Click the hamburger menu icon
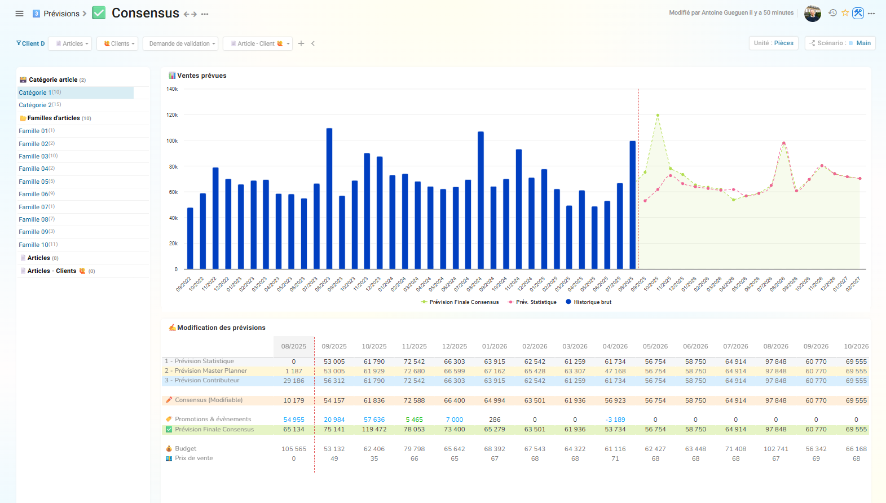(x=19, y=14)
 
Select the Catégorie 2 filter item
(x=35, y=105)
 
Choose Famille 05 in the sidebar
(x=33, y=182)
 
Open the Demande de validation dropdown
(x=181, y=43)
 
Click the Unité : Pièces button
(x=773, y=43)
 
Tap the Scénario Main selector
(x=840, y=43)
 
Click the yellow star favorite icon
(x=845, y=13)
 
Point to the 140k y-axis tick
(x=172, y=89)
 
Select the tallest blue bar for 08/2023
(x=329, y=198)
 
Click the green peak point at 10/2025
(x=658, y=115)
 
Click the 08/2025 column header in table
(x=293, y=346)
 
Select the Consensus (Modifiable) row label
(x=209, y=400)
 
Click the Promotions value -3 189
(x=615, y=420)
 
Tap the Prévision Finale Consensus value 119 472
(x=374, y=430)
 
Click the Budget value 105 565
(x=293, y=449)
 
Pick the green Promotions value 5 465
(x=414, y=420)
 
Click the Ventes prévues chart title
(x=202, y=76)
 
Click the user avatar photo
(x=813, y=14)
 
